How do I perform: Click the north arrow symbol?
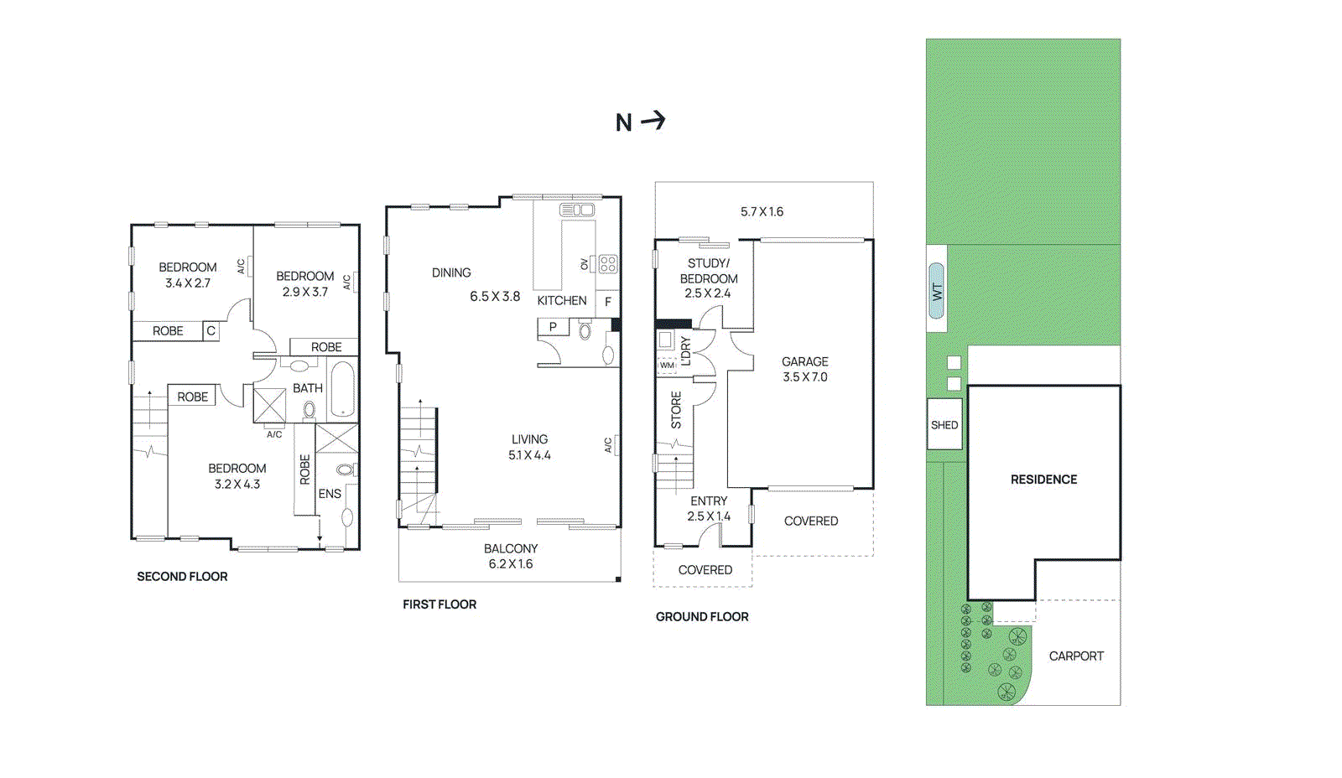[653, 121]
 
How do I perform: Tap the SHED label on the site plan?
[944, 425]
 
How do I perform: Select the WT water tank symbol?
[937, 291]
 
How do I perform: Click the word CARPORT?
[1075, 656]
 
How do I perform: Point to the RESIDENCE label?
[1043, 480]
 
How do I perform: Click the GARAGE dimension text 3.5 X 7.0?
[804, 377]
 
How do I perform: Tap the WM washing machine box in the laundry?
[667, 366]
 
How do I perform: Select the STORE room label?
[676, 410]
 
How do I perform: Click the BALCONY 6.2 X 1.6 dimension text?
[510, 564]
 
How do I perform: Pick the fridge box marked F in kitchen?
[607, 302]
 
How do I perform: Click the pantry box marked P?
[553, 327]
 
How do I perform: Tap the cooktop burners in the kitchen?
[608, 264]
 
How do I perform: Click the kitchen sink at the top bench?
[577, 210]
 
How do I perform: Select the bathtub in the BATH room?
[341, 389]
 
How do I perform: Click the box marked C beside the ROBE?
[211, 331]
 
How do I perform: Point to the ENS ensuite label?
[330, 494]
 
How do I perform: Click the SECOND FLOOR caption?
[182, 577]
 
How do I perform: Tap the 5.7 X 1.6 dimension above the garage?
[762, 212]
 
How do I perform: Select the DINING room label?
[451, 272]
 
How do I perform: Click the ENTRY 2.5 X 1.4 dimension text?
[709, 516]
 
